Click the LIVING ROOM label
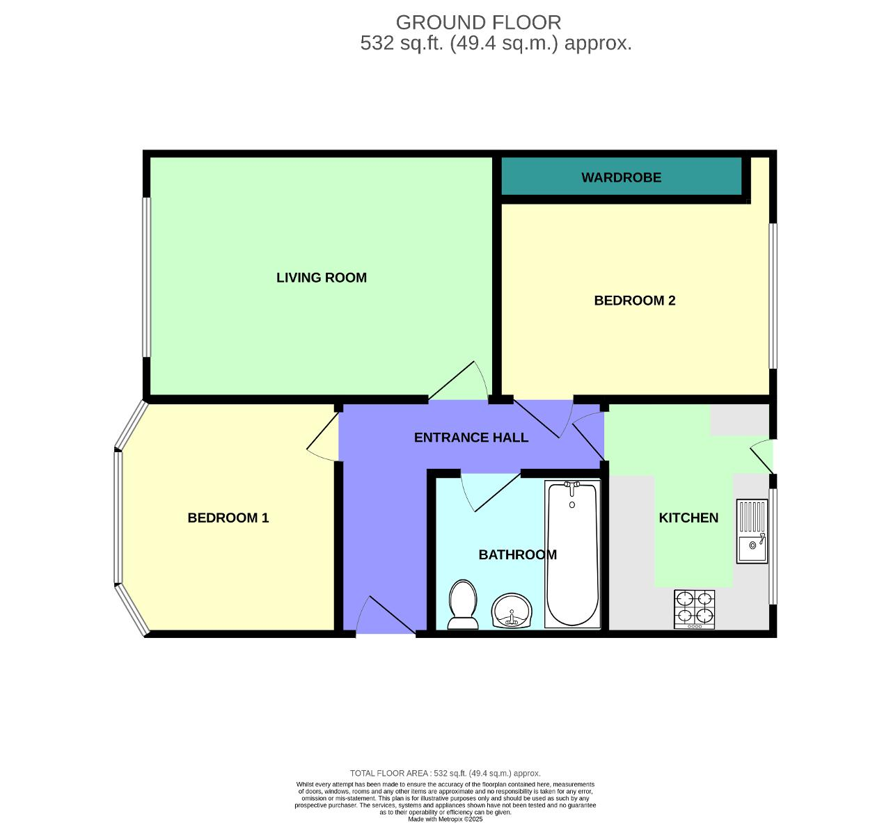click(x=321, y=278)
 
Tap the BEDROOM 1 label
click(x=228, y=518)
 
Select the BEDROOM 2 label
click(x=634, y=301)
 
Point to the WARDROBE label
click(x=621, y=177)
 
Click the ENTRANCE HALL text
click(x=471, y=438)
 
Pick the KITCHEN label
click(x=688, y=518)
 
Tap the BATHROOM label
click(x=517, y=554)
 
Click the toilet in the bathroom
click(x=463, y=605)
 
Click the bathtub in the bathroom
click(x=572, y=553)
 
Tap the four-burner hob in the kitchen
click(x=694, y=609)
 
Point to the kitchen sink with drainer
click(x=752, y=532)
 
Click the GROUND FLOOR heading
click(x=478, y=22)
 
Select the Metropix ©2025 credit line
click(x=445, y=819)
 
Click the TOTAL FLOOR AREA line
click(x=445, y=773)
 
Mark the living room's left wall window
click(x=147, y=278)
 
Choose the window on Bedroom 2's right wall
click(x=773, y=296)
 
